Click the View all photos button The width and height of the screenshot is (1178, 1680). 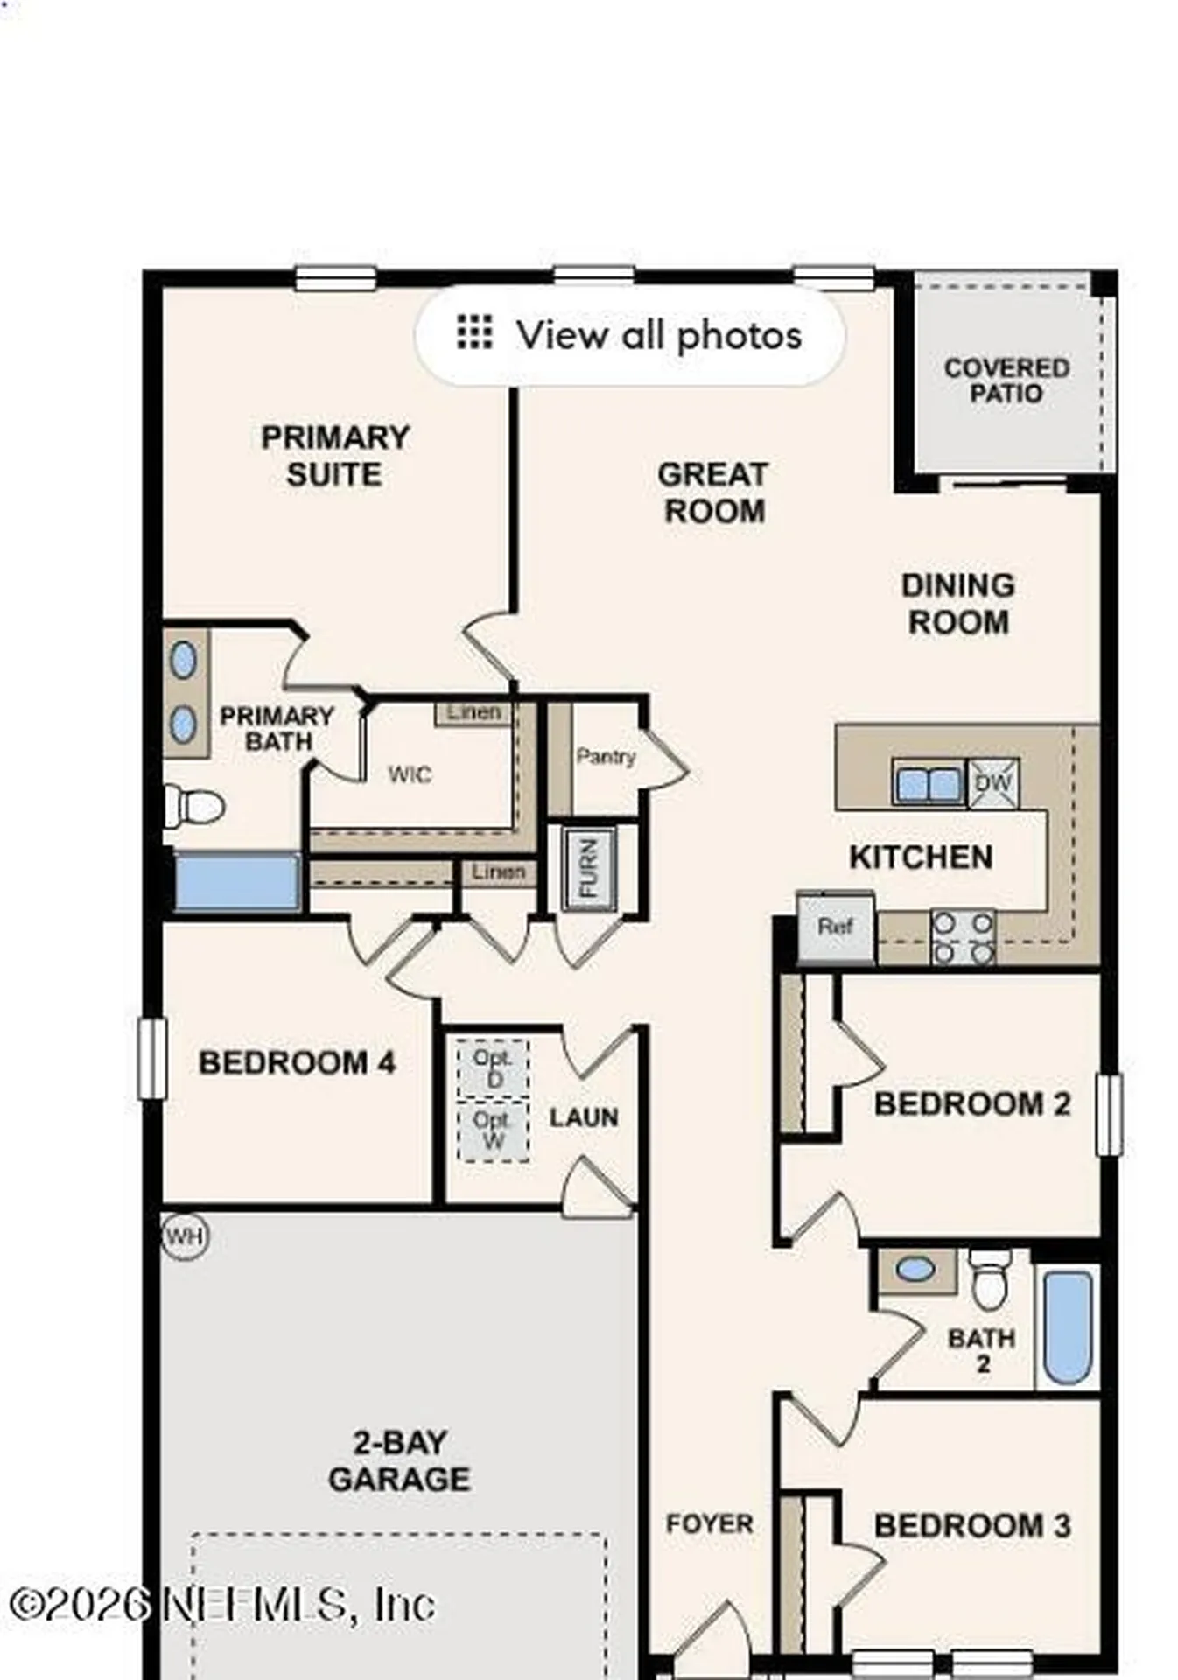click(629, 335)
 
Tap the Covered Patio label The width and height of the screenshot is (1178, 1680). click(1006, 381)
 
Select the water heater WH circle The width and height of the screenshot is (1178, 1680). click(185, 1236)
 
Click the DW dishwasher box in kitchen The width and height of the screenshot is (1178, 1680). click(992, 782)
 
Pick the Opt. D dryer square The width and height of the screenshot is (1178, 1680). click(493, 1067)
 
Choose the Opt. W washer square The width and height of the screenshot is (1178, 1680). click(493, 1130)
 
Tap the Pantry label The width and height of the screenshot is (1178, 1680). click(605, 756)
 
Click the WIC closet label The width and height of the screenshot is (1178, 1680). click(409, 774)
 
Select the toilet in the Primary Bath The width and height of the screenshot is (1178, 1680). click(194, 806)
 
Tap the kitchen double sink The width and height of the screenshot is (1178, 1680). click(928, 783)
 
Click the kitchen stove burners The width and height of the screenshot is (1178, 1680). click(962, 938)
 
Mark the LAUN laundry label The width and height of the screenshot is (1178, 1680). click(584, 1117)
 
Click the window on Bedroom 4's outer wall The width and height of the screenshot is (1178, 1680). click(152, 1058)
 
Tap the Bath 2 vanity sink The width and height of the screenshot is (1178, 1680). click(915, 1270)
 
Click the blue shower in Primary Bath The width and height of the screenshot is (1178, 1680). click(237, 882)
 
